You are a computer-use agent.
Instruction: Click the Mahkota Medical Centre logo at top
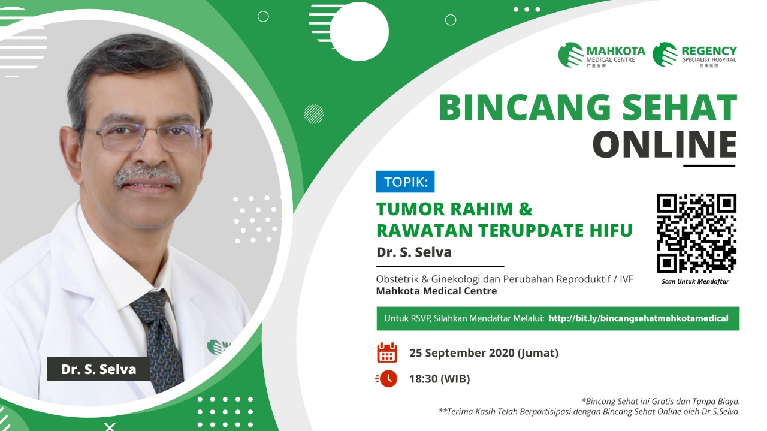coord(602,55)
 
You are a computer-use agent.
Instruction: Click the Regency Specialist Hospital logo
coord(694,55)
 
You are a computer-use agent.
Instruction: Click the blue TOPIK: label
coord(406,182)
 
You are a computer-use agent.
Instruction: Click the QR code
coord(696,233)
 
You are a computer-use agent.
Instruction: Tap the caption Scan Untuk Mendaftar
coord(695,281)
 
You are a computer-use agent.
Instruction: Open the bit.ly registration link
coord(638,318)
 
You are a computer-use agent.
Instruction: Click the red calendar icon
coord(387,352)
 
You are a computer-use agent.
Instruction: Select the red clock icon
coord(386,379)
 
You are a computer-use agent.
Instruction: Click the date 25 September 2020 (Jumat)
coord(484,353)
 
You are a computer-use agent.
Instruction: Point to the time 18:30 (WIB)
coord(440,379)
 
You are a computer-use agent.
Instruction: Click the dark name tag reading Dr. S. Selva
coord(99,369)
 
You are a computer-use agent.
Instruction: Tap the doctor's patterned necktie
coord(159,339)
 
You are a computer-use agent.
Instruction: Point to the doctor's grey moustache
coord(147,176)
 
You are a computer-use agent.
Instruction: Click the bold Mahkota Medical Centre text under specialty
coord(437,291)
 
